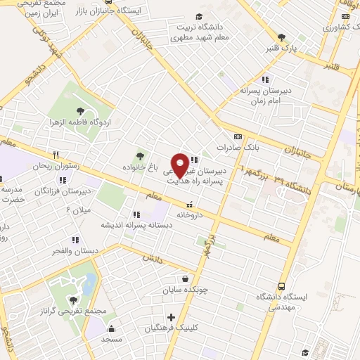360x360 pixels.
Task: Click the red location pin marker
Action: (180, 165)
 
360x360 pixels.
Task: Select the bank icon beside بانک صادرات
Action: (238, 136)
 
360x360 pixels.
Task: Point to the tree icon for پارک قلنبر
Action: (282, 38)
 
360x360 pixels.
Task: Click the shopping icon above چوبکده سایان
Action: (185, 278)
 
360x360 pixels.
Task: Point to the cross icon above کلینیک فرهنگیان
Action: (171, 317)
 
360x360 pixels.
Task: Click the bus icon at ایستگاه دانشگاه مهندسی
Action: (282, 286)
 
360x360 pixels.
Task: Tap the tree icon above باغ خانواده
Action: (140, 156)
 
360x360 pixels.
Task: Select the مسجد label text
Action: (111, 339)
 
